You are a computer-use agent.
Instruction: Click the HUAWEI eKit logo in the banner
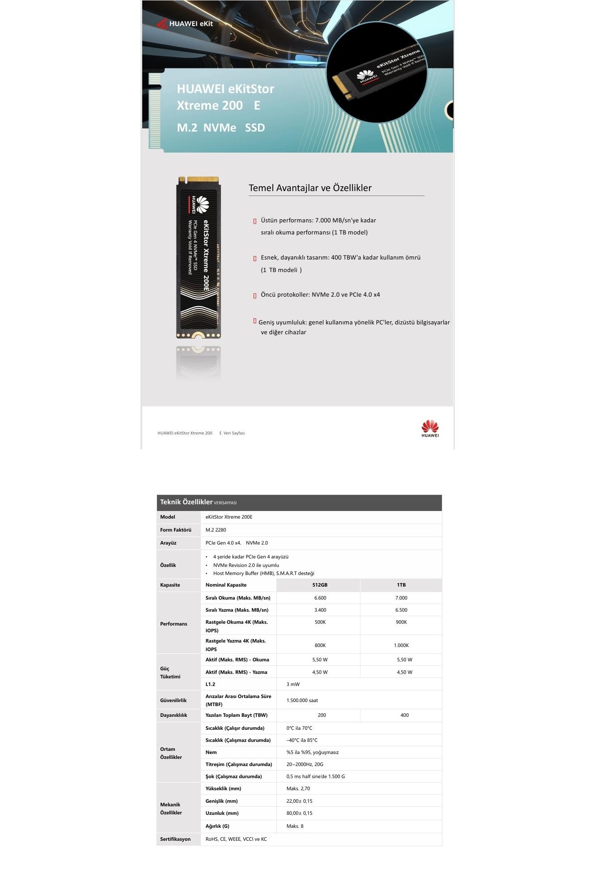point(185,23)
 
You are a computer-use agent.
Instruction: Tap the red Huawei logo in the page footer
point(430,428)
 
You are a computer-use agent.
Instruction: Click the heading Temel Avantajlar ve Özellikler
point(310,188)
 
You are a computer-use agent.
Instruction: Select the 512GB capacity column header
point(320,585)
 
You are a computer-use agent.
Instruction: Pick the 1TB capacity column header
point(401,585)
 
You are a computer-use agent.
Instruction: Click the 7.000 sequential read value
point(401,598)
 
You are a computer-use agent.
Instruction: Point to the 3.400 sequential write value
point(320,610)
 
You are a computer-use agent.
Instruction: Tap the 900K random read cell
point(401,622)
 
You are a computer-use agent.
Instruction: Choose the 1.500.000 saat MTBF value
point(302,700)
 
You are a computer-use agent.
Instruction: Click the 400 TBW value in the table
point(404,715)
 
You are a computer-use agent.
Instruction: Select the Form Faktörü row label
point(176,530)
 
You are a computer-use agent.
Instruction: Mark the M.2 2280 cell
point(216,530)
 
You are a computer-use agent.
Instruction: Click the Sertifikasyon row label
point(175,839)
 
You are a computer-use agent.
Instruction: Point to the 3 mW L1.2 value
point(293,684)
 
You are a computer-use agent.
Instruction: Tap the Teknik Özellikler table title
point(186,502)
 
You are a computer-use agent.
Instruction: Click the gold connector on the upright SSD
point(203,180)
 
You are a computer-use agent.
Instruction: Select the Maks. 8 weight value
point(295,826)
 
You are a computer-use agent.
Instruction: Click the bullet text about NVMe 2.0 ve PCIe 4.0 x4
point(320,295)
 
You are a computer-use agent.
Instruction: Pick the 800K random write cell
point(320,645)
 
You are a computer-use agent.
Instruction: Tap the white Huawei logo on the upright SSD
point(202,204)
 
